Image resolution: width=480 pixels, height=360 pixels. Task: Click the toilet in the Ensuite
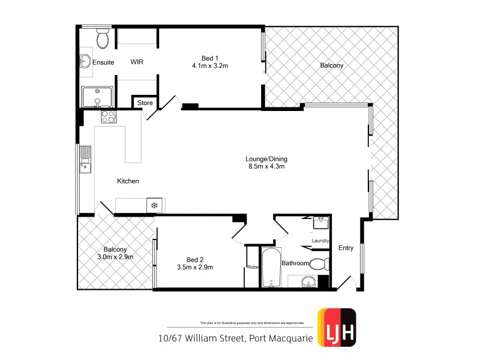103,39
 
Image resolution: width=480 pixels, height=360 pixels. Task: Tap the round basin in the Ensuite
85,61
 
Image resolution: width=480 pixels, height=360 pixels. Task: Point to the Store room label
145,103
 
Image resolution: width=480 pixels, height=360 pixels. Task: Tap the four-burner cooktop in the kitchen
108,116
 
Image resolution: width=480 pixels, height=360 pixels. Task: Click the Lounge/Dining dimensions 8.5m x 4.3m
266,167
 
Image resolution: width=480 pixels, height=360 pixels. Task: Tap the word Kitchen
128,181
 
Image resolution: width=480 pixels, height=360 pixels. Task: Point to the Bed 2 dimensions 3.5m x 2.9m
195,268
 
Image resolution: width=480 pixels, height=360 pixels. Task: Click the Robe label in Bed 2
253,268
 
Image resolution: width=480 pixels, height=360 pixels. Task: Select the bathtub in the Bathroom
272,268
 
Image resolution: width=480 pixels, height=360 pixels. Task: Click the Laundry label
320,241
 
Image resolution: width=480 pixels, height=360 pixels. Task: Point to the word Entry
346,248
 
